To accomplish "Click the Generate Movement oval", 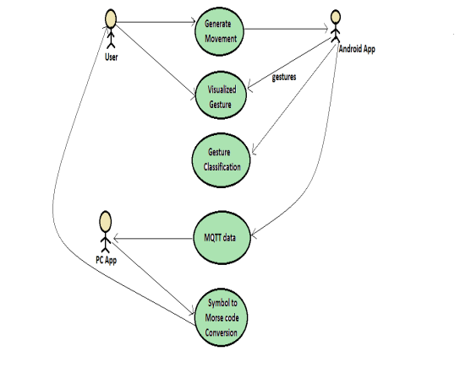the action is [x=219, y=31].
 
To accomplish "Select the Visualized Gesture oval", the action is [x=221, y=95].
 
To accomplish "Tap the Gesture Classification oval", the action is [x=221, y=160].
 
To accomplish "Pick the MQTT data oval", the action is [x=222, y=238].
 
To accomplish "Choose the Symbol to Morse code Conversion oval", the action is [x=222, y=317].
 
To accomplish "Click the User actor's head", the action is [x=111, y=19].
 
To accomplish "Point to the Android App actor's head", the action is [x=336, y=17].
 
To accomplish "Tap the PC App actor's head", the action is [x=105, y=222].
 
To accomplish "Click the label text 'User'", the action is [x=111, y=57].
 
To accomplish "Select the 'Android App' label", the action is [x=357, y=49].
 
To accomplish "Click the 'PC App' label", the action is [x=106, y=260].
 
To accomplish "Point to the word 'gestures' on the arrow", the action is [x=284, y=77].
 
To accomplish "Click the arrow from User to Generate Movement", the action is [x=156, y=22].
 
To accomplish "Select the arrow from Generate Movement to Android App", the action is [x=286, y=29].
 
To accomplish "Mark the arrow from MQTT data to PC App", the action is [x=153, y=239].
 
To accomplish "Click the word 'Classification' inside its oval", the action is [x=222, y=167].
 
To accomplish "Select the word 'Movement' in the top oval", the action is [x=221, y=39].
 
